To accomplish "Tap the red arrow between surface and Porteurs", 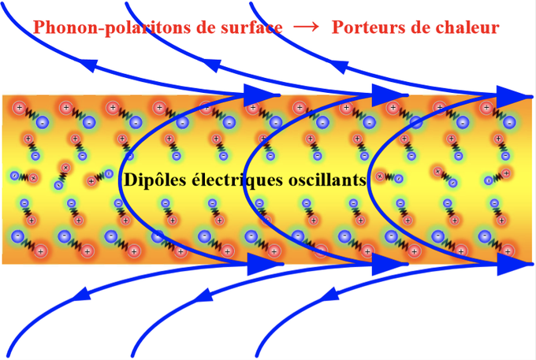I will coord(306,27).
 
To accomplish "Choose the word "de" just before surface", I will coord(206,28).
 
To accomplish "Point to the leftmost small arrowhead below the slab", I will coord(81,297).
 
